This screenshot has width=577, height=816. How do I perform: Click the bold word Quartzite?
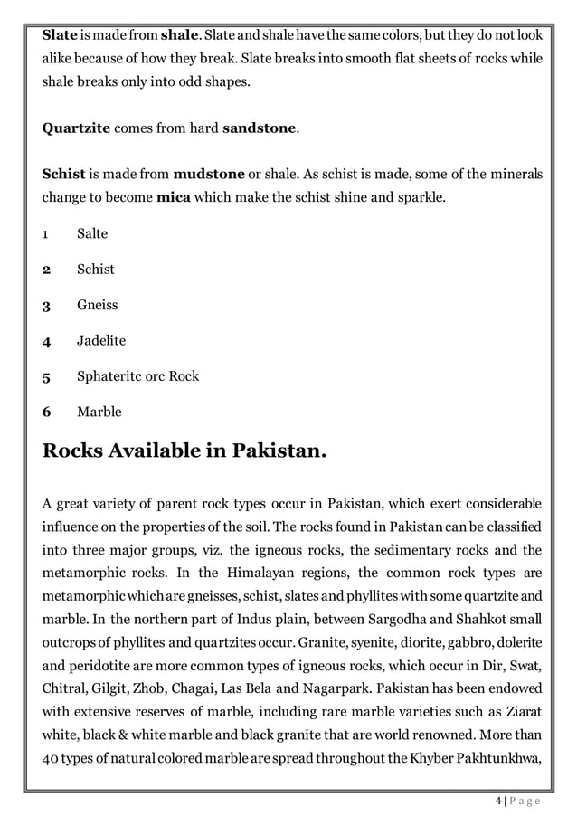tap(76, 128)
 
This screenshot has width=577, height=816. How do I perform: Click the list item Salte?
tap(92, 233)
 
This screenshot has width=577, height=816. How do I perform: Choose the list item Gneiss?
tap(97, 305)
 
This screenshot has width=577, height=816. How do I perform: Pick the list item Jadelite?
tap(101, 341)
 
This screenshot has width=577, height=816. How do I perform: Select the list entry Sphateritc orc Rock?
tap(137, 376)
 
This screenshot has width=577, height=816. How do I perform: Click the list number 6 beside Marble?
tap(46, 413)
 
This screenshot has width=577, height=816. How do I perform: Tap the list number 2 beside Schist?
tap(46, 270)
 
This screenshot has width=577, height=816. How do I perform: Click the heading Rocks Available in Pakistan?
tap(184, 451)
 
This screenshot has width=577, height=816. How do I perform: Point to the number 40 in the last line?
tap(51, 762)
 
